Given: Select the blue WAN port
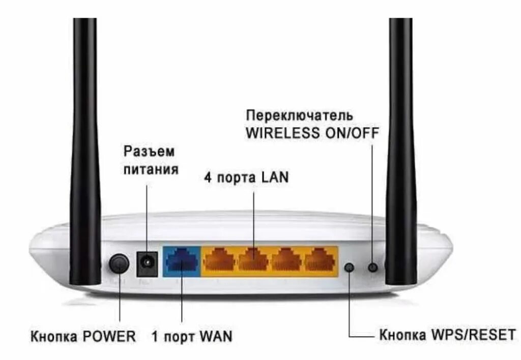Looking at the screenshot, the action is coord(181,261).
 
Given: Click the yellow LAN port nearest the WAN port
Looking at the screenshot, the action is coord(219,260).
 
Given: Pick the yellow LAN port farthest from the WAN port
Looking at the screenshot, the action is coord(321,260).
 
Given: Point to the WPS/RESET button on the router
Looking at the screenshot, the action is coord(350,267).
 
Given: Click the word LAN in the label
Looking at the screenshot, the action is coord(274,177).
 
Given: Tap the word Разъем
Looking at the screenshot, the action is coord(149,152).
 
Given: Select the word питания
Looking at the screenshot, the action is coord(151,169).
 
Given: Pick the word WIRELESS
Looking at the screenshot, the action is coord(283,133).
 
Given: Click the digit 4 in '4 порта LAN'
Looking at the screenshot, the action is coord(208,177).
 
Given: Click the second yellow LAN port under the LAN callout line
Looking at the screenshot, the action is coord(253,260).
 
